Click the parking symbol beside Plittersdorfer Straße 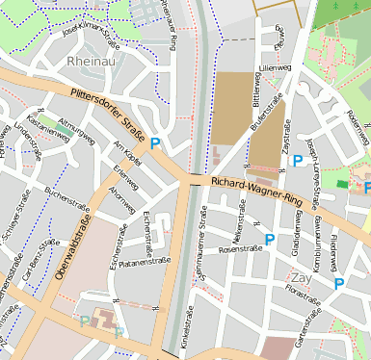(x=155, y=144)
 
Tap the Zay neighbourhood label (x=300, y=278)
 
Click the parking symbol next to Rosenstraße (x=269, y=239)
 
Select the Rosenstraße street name (x=241, y=249)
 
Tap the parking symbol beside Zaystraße (x=297, y=161)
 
